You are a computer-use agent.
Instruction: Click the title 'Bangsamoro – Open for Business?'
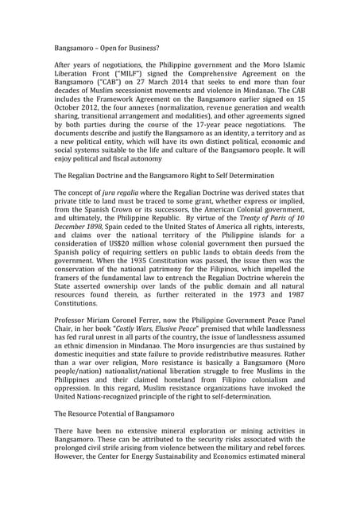tap(108, 49)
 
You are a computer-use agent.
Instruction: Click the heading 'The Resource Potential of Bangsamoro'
tap(126, 416)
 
